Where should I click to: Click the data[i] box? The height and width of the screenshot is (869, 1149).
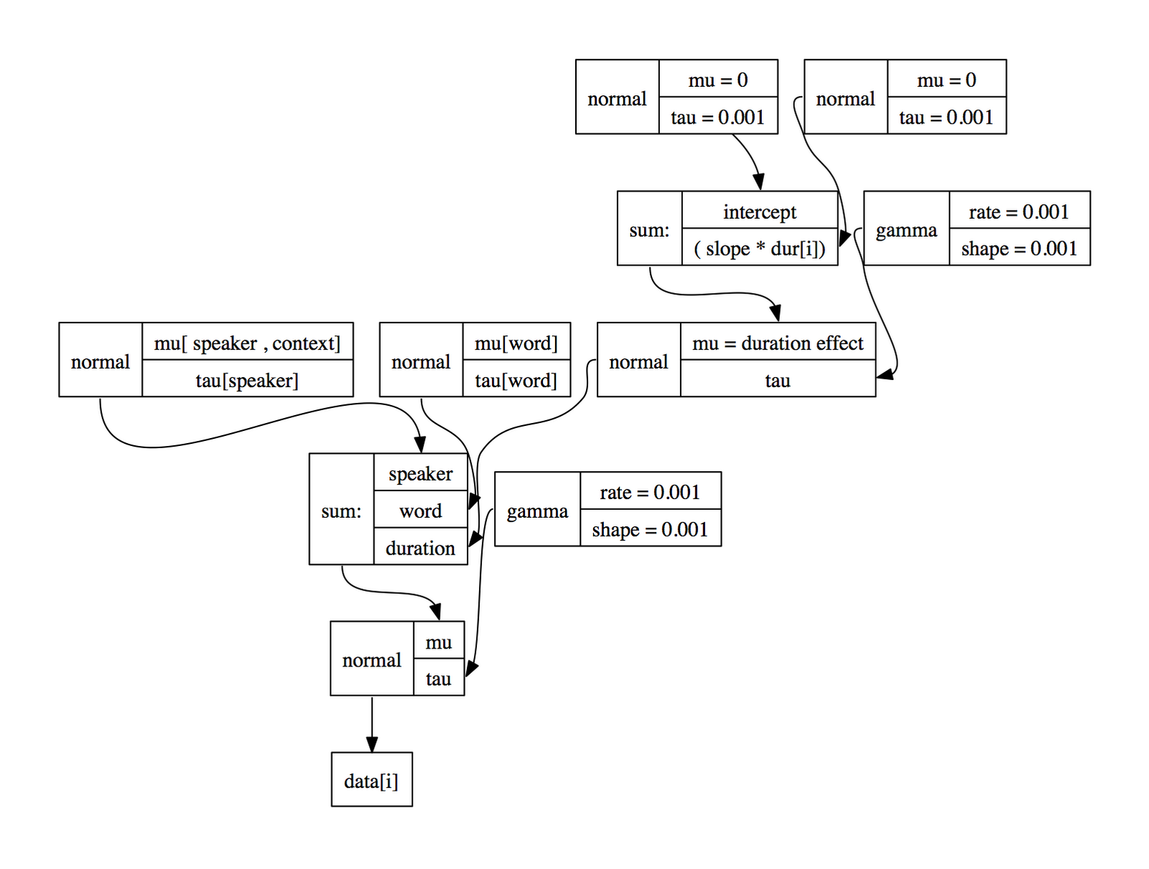[371, 779]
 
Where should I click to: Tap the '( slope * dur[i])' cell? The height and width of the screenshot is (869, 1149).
[759, 248]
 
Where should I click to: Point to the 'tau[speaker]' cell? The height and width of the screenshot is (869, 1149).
[247, 379]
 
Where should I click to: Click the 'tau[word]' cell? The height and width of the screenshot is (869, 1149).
[516, 379]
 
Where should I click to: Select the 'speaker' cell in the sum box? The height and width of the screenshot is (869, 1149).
[420, 473]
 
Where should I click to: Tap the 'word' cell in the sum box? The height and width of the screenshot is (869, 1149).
[420, 510]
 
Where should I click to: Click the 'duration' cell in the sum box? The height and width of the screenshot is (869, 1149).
[420, 547]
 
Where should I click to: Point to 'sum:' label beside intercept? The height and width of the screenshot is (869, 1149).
[649, 229]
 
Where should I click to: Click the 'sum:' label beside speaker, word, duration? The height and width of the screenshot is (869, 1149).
[341, 510]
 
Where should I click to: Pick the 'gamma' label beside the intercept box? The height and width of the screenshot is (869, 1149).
[906, 229]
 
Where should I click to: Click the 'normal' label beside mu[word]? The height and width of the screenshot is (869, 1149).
[421, 361]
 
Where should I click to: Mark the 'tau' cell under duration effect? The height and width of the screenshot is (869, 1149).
[777, 379]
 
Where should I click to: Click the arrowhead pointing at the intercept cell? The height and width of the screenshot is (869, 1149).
[758, 182]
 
